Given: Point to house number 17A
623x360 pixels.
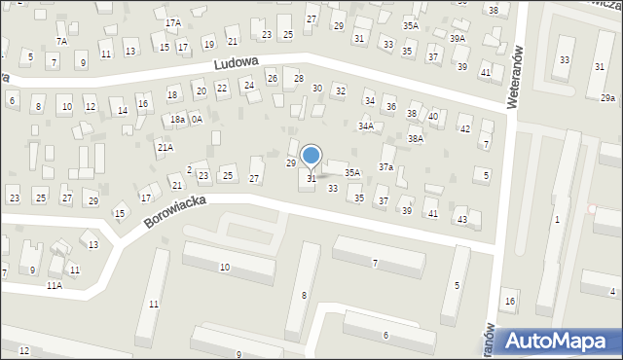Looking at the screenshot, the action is (x=172, y=22).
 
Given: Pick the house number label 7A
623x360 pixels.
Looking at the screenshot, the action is (x=61, y=41).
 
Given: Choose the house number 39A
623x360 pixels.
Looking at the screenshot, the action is (x=458, y=38).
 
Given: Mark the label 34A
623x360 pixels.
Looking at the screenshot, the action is (x=365, y=126).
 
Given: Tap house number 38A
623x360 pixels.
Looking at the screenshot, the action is (x=416, y=139).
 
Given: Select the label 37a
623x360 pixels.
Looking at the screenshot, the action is (x=386, y=167).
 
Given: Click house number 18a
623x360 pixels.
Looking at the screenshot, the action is (x=177, y=120).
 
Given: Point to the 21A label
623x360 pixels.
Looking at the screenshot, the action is (x=165, y=147).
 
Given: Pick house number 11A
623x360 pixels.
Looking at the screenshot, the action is (x=54, y=286).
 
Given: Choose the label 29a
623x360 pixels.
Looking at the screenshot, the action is (x=607, y=98).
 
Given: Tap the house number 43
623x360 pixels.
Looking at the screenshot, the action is (x=462, y=219).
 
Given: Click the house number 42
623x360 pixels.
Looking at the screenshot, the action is (x=465, y=128).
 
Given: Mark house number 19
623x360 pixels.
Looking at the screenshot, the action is (x=208, y=44).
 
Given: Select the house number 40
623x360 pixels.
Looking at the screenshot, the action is (x=433, y=117).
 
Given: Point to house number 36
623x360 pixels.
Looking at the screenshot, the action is (x=390, y=106).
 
